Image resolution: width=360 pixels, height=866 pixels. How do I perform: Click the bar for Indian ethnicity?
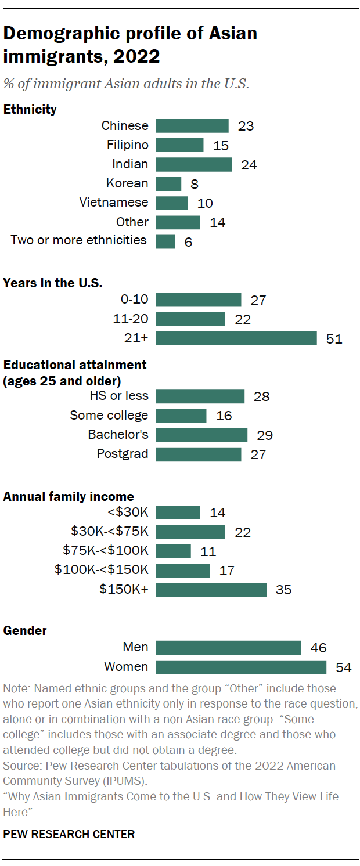[x=193, y=164]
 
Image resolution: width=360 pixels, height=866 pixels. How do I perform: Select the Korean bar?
[x=168, y=183]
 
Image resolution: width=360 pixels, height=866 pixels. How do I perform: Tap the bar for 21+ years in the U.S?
[x=236, y=338]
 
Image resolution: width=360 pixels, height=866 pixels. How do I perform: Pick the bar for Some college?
[x=181, y=416]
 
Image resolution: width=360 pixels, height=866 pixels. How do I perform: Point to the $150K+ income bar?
[x=211, y=590]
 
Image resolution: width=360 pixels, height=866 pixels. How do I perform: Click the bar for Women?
[x=241, y=667]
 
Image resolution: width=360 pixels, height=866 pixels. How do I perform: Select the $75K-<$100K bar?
[x=173, y=551]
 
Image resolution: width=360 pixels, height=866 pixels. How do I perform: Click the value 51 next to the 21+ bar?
[x=334, y=339]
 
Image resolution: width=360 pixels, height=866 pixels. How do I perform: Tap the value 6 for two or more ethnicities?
[x=188, y=243]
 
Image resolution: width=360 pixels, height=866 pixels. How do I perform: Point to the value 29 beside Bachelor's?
[x=265, y=435]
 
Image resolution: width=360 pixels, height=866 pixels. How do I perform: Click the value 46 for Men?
[x=318, y=648]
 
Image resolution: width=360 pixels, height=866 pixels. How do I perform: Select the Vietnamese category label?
[x=114, y=203]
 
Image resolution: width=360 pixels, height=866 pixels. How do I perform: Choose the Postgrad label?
[x=123, y=454]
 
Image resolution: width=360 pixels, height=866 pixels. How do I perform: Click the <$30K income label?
[x=128, y=513]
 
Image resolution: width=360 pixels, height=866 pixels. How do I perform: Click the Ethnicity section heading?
[x=30, y=109]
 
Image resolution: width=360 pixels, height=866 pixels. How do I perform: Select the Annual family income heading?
[x=69, y=496]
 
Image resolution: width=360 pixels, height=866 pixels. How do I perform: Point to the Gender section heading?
[x=25, y=630]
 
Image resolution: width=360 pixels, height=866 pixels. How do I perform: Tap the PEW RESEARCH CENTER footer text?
[x=69, y=834]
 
